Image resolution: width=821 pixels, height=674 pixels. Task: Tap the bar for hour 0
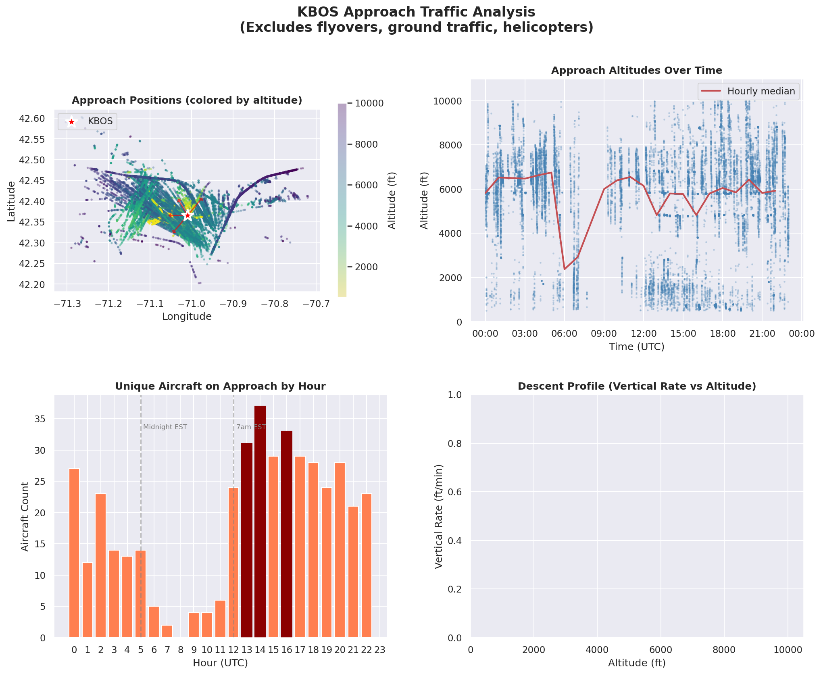pyautogui.click(x=74, y=553)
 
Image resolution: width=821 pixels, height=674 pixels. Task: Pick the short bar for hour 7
pyautogui.click(x=167, y=631)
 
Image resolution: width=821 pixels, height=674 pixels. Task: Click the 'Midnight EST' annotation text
pyautogui.click(x=165, y=427)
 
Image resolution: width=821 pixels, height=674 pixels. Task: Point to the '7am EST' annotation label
pyautogui.click(x=251, y=427)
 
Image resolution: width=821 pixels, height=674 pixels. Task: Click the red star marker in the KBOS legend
pyautogui.click(x=71, y=122)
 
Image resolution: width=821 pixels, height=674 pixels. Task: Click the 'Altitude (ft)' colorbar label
pyautogui.click(x=392, y=200)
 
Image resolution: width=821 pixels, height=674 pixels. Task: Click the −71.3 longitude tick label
pyautogui.click(x=67, y=303)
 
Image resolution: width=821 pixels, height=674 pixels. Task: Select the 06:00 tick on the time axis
pyautogui.click(x=564, y=334)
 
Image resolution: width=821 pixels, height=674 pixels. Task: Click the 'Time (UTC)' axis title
pyautogui.click(x=636, y=347)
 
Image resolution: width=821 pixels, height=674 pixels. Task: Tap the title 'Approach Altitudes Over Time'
pyautogui.click(x=636, y=71)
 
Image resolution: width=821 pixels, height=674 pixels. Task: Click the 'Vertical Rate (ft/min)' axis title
pyautogui.click(x=439, y=516)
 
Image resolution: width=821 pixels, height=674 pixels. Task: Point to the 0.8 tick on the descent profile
pyautogui.click(x=454, y=444)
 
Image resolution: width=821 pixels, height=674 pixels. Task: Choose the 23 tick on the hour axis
pyautogui.click(x=380, y=650)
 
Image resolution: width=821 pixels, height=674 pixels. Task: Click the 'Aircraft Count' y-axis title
pyautogui.click(x=25, y=516)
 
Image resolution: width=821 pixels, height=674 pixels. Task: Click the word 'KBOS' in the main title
pyautogui.click(x=318, y=12)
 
